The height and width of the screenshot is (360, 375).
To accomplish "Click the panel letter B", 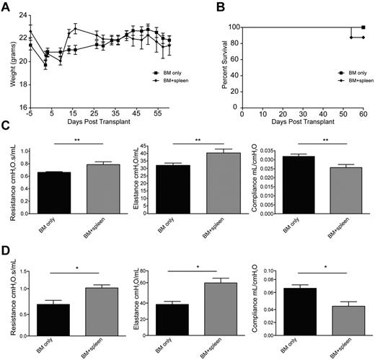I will click(207, 6).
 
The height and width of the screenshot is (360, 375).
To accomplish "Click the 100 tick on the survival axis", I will click(232, 27).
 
